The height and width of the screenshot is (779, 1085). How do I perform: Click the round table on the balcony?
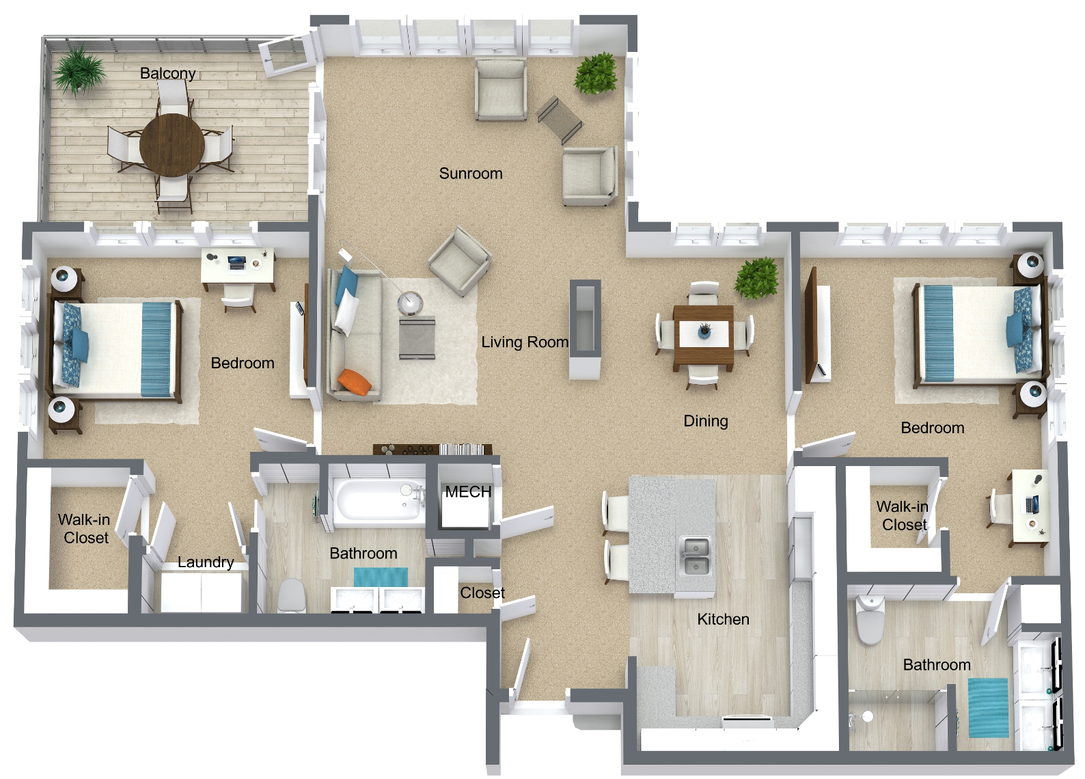[x=172, y=145]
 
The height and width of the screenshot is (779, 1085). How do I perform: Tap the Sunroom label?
[x=470, y=174]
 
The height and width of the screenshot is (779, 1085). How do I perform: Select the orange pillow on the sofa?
[x=354, y=381]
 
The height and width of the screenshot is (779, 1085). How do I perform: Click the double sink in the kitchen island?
[x=695, y=556]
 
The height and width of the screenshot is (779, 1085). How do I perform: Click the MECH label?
[x=468, y=492]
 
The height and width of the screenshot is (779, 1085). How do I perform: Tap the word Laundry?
[x=206, y=562]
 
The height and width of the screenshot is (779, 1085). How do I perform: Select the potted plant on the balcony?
[x=79, y=69]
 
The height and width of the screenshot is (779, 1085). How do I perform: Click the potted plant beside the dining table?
[x=756, y=277]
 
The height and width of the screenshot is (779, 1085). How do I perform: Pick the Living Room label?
[x=525, y=342]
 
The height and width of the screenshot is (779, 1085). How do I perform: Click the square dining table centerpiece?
[x=704, y=331]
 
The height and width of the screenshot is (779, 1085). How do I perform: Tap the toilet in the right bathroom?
[x=870, y=620]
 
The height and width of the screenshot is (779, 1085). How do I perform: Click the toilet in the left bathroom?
[x=292, y=596]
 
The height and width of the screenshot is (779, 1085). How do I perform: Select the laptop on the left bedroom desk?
[x=236, y=263]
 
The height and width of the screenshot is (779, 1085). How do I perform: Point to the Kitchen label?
[x=723, y=619]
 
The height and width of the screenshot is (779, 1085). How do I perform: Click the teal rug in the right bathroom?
[x=988, y=708]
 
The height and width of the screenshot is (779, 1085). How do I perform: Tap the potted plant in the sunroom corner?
[x=596, y=73]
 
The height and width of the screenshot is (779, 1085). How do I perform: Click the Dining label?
[x=706, y=421]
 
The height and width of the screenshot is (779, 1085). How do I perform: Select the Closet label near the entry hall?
[x=482, y=592]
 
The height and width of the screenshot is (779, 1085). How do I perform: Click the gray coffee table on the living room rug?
[x=417, y=337]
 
